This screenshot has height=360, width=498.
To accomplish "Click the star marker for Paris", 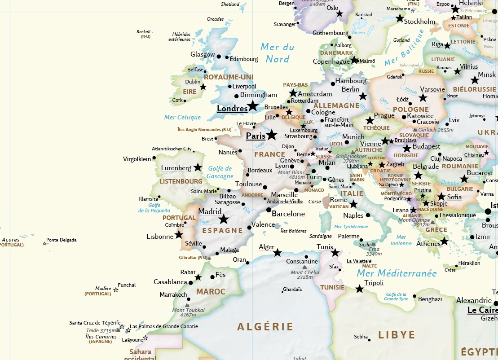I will click(272, 135).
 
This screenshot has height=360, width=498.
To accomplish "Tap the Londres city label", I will click(232, 109).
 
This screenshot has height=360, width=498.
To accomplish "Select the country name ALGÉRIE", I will click(265, 327).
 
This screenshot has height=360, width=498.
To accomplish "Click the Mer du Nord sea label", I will click(278, 53).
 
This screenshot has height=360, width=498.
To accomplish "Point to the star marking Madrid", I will click(223, 219).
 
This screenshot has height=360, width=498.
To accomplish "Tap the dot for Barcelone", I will click(269, 210).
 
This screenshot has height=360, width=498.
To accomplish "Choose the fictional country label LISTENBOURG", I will click(181, 181).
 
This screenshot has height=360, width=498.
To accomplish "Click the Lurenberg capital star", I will click(198, 167).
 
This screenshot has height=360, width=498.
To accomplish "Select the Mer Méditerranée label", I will click(397, 273).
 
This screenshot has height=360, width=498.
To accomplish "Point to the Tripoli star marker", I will click(359, 289).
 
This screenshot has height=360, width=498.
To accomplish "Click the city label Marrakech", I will click(173, 295).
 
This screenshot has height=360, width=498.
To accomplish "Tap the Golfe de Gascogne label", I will click(220, 172).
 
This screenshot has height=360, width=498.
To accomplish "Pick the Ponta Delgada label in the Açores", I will click(62, 240).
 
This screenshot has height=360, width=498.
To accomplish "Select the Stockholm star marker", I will click(400, 18).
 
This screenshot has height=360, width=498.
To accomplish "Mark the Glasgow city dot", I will click(219, 57).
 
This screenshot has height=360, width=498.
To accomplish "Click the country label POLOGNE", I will click(410, 109).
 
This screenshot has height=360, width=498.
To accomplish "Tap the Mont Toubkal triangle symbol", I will click(187, 305).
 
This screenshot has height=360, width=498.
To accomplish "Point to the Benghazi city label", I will click(430, 299).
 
